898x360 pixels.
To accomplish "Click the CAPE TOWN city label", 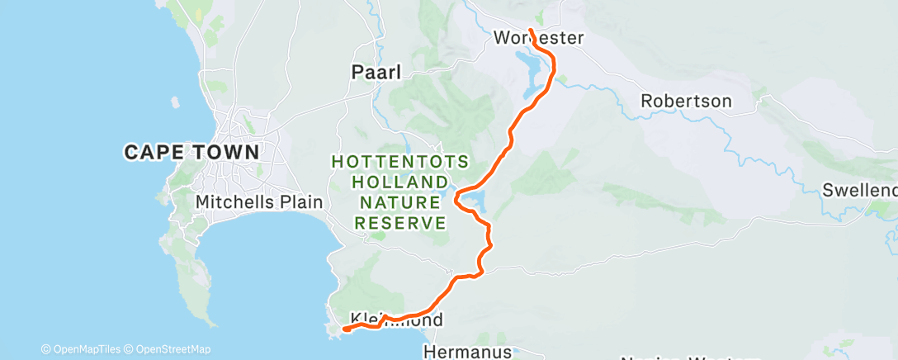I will (191, 152).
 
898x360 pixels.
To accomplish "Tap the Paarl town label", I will (376, 73).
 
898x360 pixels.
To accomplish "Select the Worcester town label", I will (539, 38).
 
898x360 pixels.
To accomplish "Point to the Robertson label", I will (686, 102).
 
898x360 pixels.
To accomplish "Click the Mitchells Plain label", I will (258, 201).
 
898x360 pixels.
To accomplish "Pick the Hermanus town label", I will (467, 351).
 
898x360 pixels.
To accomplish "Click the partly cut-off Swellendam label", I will (859, 191).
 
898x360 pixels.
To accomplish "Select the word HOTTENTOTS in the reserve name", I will (401, 162).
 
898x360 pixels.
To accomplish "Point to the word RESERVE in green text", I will (401, 223).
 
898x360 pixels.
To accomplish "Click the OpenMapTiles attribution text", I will (85, 349).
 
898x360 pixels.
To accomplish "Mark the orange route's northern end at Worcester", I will (530, 31).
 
